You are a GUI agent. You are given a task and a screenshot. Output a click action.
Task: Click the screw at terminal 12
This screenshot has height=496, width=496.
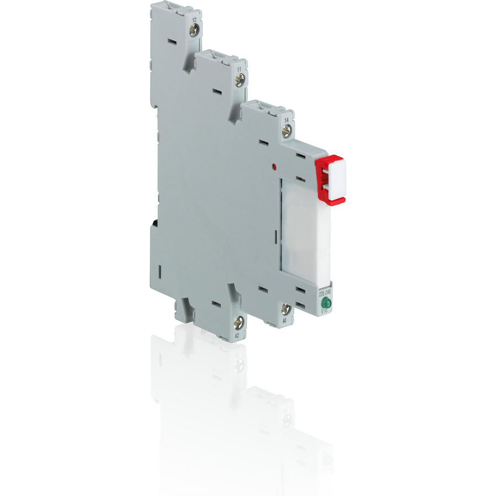[194, 31]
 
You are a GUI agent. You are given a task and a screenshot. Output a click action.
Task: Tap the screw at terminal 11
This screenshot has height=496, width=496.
[239, 80]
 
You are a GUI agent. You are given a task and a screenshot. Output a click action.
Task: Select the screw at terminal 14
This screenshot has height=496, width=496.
[286, 131]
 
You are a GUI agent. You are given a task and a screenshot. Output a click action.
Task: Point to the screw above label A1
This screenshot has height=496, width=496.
[285, 309]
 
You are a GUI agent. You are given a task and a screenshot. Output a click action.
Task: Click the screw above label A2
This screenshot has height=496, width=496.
[239, 323]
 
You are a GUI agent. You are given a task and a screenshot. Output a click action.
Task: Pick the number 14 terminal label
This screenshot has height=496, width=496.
[287, 119]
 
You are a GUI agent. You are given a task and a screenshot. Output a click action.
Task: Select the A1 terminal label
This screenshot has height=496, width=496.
[285, 320]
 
